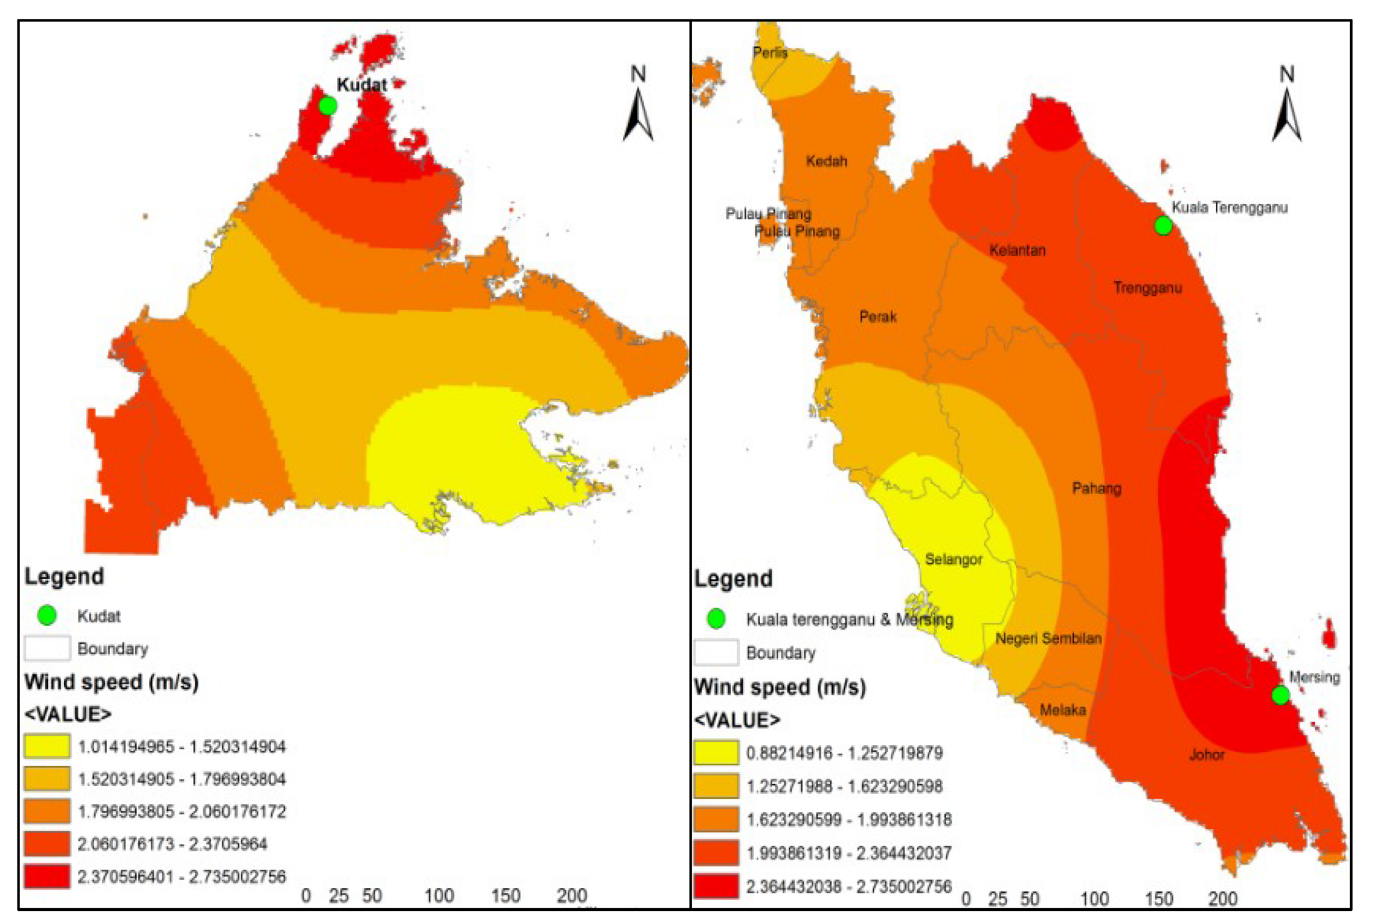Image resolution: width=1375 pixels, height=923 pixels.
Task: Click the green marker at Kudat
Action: point(327,106)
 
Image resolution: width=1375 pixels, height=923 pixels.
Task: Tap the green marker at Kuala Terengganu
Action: point(1163,226)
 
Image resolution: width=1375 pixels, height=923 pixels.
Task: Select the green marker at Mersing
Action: point(1280,695)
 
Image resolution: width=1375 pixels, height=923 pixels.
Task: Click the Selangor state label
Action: point(953,559)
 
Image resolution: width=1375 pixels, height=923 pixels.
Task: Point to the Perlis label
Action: point(769,52)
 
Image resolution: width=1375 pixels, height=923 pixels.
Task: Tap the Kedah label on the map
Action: point(826,161)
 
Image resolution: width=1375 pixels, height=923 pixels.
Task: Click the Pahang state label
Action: point(1096,488)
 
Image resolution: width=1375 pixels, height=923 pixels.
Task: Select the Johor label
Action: point(1206,755)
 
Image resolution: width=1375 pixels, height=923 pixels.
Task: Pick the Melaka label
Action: point(1062,710)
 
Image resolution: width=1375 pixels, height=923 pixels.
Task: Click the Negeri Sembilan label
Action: point(1047,638)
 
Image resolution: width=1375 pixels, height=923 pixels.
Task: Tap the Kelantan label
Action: point(1017,250)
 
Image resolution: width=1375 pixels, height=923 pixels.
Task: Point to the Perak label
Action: point(878,317)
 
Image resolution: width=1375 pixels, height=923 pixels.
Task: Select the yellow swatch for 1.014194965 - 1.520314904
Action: point(47,746)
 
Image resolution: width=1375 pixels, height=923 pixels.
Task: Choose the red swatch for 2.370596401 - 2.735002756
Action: point(47,876)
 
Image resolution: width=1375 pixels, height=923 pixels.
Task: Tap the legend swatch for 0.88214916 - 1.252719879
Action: point(716,752)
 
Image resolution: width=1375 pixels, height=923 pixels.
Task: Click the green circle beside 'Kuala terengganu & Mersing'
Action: point(716,618)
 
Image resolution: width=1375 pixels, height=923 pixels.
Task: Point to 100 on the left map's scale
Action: point(438,895)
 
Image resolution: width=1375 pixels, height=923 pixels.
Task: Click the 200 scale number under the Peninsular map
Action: point(1222,899)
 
